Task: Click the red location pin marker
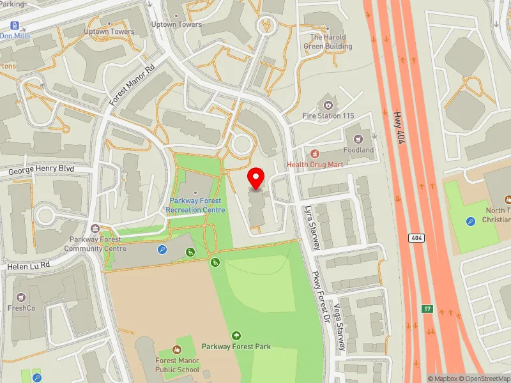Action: coord(256,178)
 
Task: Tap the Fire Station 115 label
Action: coord(328,116)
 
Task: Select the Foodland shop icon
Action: coord(358,138)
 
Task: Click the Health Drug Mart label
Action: coord(315,164)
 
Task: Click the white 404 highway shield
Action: coord(417,237)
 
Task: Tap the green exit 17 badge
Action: coord(427,309)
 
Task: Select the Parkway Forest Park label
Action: coord(236,347)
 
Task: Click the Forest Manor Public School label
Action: coord(178,365)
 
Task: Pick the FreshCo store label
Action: coord(22,308)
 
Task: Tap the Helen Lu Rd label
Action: coord(28,265)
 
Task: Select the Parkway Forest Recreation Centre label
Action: coord(195,205)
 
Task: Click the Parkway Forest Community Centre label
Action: coord(95,244)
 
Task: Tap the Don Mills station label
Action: coord(15,36)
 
